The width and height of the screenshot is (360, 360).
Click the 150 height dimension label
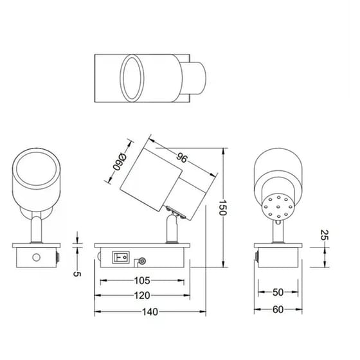coord(222,208)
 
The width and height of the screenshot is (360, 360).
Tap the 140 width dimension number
coord(150,312)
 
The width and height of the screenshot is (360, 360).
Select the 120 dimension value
coord(142,296)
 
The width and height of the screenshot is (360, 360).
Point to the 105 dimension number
coord(142,280)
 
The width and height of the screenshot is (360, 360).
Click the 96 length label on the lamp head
coord(182,158)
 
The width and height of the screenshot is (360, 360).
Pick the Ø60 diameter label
coord(120,162)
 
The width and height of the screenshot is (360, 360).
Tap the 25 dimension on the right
coord(325,235)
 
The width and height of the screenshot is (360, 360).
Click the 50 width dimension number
coord(278,292)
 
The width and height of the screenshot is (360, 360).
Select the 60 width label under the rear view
coord(278,310)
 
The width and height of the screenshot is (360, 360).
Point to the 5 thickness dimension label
coord(77,274)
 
